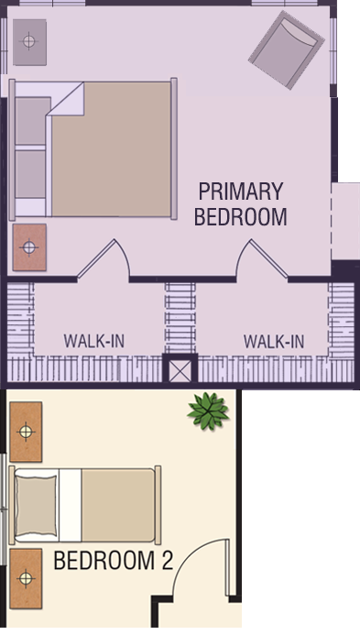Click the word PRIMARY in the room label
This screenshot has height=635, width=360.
(241, 192)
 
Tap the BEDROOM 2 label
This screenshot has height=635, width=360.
(114, 561)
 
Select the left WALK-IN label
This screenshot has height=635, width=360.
(94, 341)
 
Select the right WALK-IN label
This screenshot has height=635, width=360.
(274, 342)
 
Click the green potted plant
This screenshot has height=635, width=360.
(208, 411)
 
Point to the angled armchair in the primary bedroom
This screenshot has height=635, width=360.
(287, 49)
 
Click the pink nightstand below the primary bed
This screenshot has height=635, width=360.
(29, 247)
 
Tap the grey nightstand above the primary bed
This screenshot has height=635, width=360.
(29, 42)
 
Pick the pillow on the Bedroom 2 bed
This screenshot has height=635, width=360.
(36, 505)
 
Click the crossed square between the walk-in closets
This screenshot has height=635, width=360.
(180, 371)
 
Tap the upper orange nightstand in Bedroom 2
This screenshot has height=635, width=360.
(26, 432)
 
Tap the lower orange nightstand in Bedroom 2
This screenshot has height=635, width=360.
(26, 578)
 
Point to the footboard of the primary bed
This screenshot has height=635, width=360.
(174, 148)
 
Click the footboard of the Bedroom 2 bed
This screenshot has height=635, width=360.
(158, 505)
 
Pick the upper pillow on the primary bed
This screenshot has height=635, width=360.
(30, 121)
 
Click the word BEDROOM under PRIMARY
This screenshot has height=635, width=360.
(241, 216)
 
